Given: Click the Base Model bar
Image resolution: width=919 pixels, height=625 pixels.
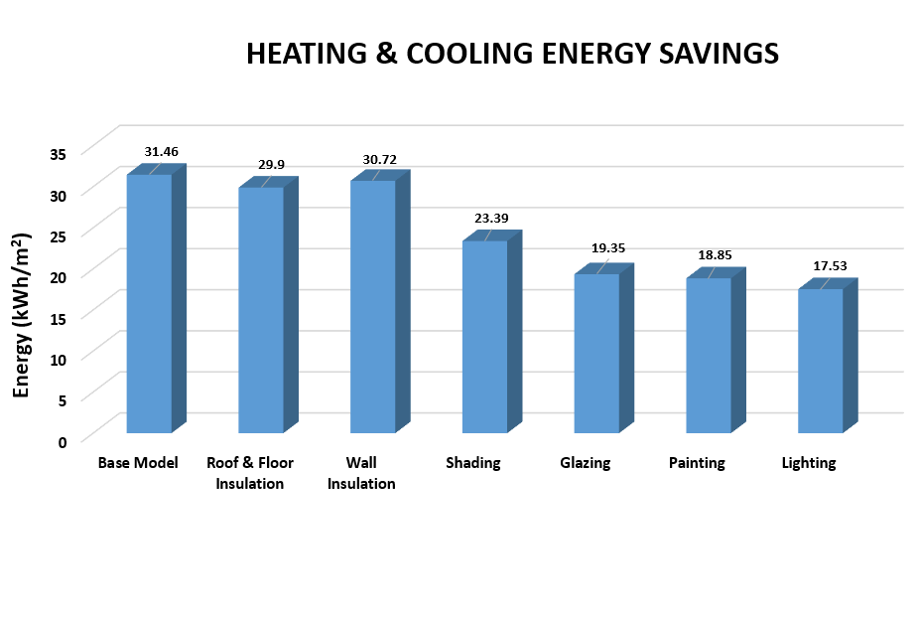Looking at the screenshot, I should [149, 303].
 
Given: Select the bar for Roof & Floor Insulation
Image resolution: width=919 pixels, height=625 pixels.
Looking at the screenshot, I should [261, 310].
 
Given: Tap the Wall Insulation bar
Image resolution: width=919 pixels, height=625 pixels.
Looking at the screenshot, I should [372, 306].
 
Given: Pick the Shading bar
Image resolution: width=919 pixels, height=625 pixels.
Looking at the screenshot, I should [484, 337].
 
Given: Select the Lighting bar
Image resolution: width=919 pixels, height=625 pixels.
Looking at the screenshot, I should [821, 361].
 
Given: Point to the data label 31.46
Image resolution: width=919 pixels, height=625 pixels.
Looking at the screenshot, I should [161, 152].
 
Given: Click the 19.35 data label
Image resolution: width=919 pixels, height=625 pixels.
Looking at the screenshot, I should [606, 248].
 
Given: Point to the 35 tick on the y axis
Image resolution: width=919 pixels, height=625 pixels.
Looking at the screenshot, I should [58, 153].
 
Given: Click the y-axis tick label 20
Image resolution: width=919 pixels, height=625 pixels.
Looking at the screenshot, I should [58, 276].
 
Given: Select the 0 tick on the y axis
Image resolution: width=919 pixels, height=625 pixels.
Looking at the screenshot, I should [62, 441].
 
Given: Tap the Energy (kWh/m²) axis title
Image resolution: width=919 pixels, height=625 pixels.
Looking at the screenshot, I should [22, 315].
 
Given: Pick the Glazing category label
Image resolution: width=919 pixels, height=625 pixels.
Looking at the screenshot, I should [585, 463].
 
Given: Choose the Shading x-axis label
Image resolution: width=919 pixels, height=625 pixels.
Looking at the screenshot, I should [473, 463].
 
